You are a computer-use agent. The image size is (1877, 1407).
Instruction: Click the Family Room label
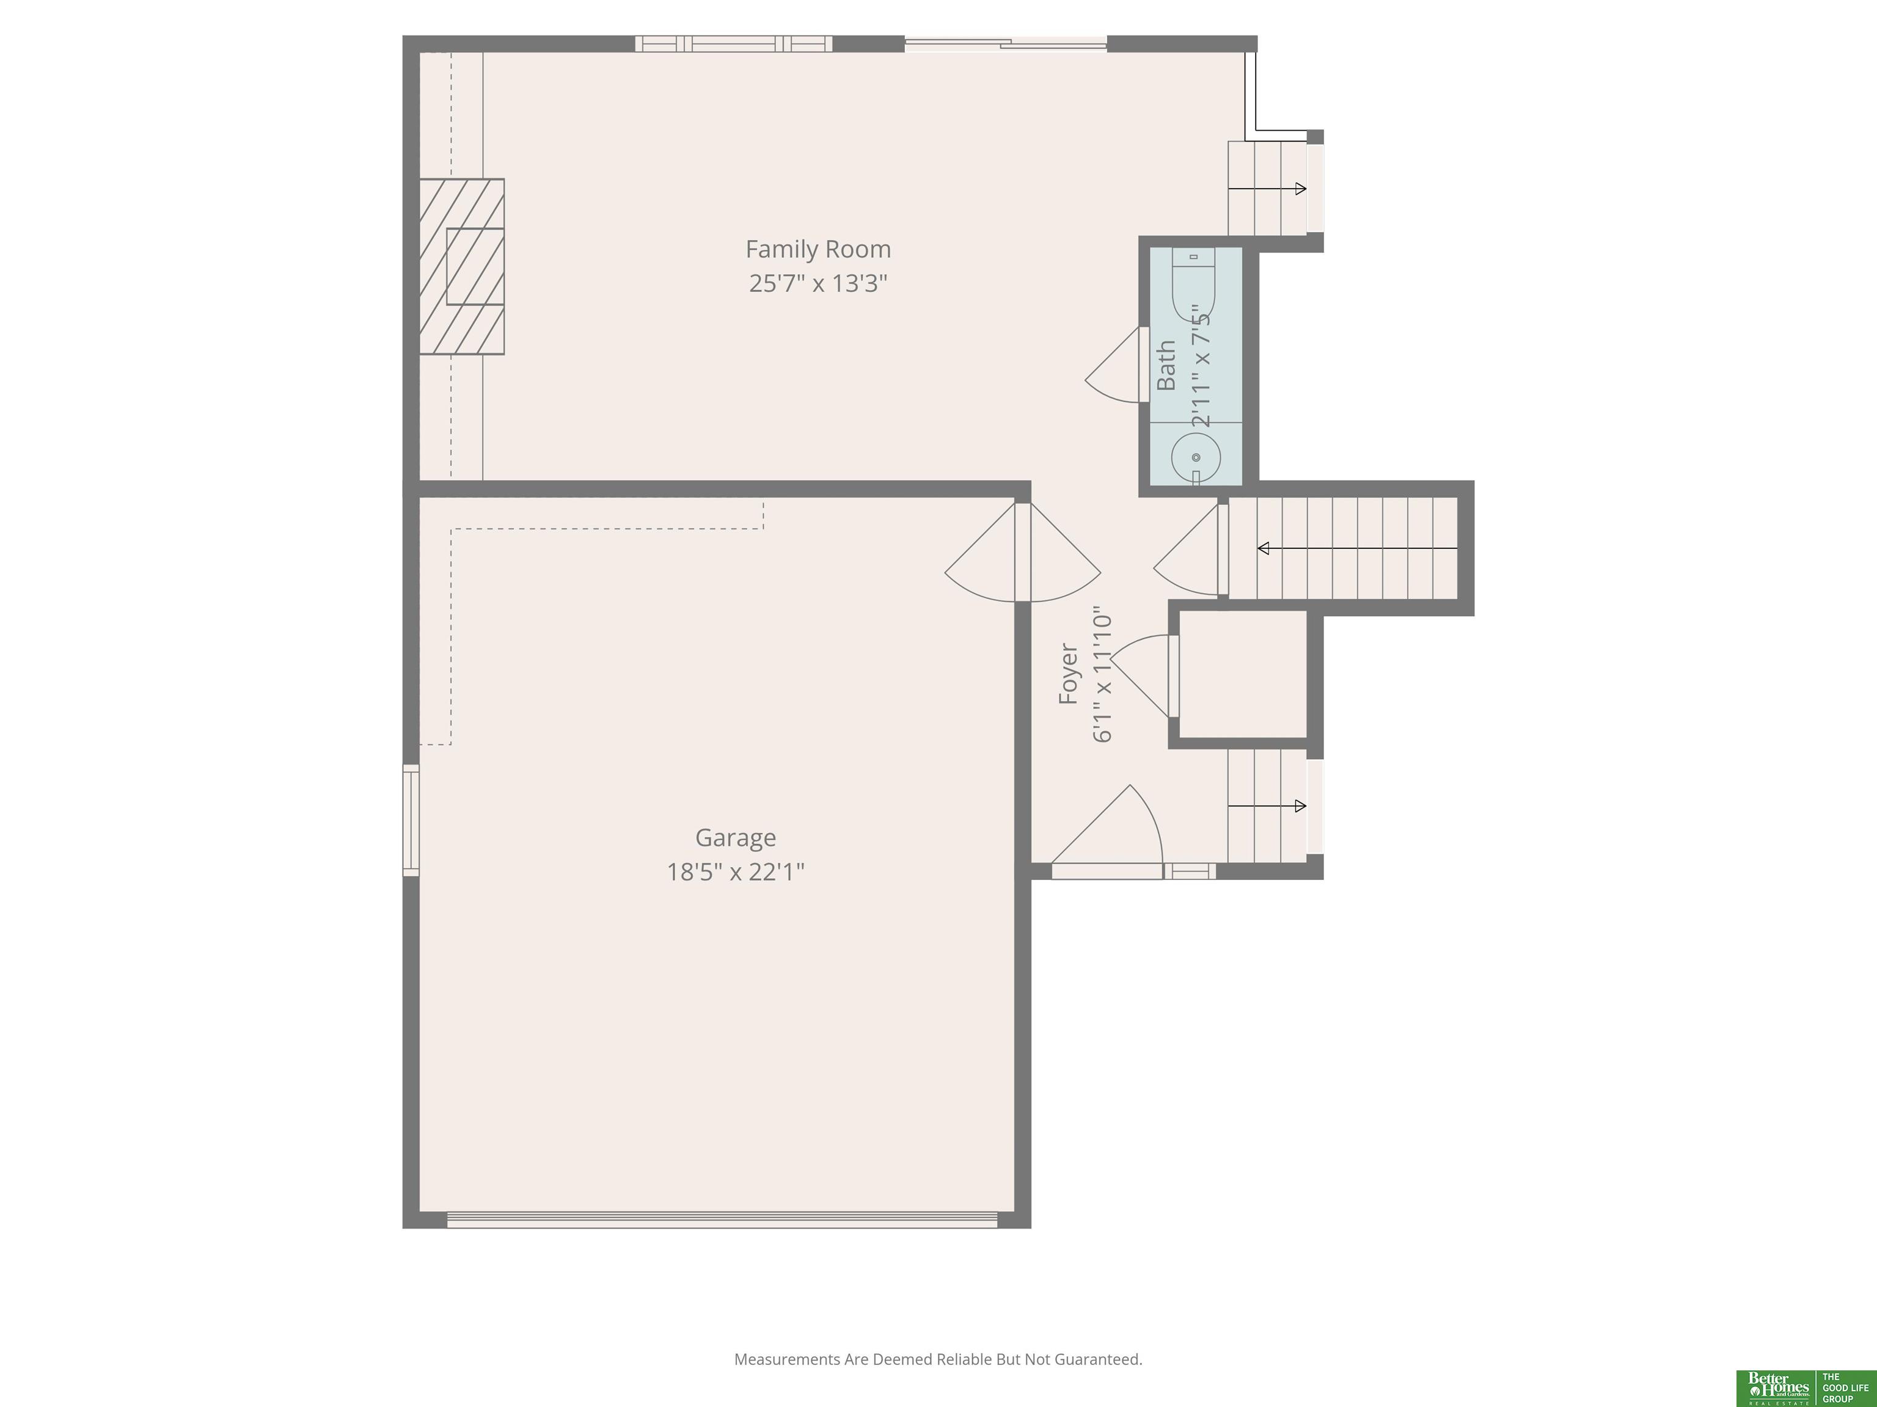point(818,249)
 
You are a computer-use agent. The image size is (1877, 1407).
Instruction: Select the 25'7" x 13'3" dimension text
point(818,283)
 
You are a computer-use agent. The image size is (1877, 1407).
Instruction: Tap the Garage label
point(736,838)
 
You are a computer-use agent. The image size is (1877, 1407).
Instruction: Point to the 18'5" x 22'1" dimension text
point(736,872)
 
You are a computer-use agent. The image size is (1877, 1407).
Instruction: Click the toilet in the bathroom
point(1194,283)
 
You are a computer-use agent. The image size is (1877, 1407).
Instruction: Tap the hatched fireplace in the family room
point(462,266)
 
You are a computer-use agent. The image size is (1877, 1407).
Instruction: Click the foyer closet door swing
point(1140,676)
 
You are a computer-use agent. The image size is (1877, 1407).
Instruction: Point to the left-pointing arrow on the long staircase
point(1357,549)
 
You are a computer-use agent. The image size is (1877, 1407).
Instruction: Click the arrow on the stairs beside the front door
point(1267,805)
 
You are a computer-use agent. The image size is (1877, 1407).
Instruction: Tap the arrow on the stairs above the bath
point(1267,188)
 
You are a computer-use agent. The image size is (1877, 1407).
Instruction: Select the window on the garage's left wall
point(411,820)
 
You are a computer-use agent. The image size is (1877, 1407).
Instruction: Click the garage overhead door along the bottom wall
point(722,1220)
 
